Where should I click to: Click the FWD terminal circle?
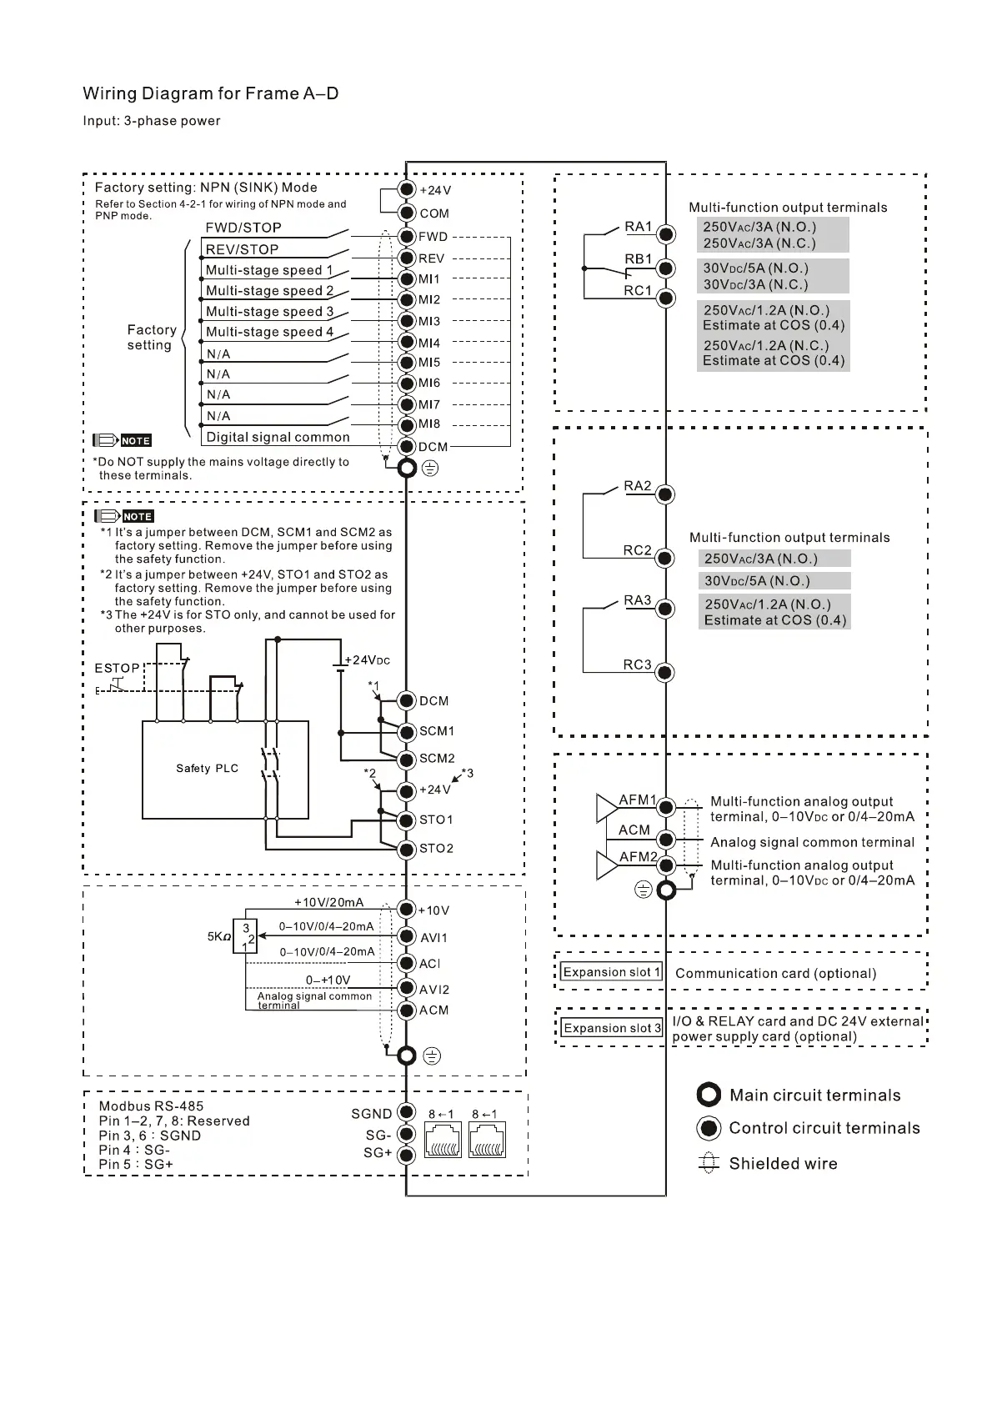407,237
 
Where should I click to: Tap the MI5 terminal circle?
407,363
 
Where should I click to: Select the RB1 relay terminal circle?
665,268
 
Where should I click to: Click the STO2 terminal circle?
406,850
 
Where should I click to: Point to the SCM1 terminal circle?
406,732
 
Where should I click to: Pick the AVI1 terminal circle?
406,937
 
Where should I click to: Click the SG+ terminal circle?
406,1155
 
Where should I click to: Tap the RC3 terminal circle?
665,673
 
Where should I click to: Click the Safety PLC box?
225,770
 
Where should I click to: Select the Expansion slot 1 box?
611,972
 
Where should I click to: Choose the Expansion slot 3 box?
612,1028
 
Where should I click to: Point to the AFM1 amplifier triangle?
606,808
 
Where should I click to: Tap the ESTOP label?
118,668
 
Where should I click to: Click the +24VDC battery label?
367,660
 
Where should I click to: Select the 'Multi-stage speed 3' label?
269,311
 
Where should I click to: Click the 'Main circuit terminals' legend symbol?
709,1095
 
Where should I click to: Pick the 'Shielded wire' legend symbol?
708,1163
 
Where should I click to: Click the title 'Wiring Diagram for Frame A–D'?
211,93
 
